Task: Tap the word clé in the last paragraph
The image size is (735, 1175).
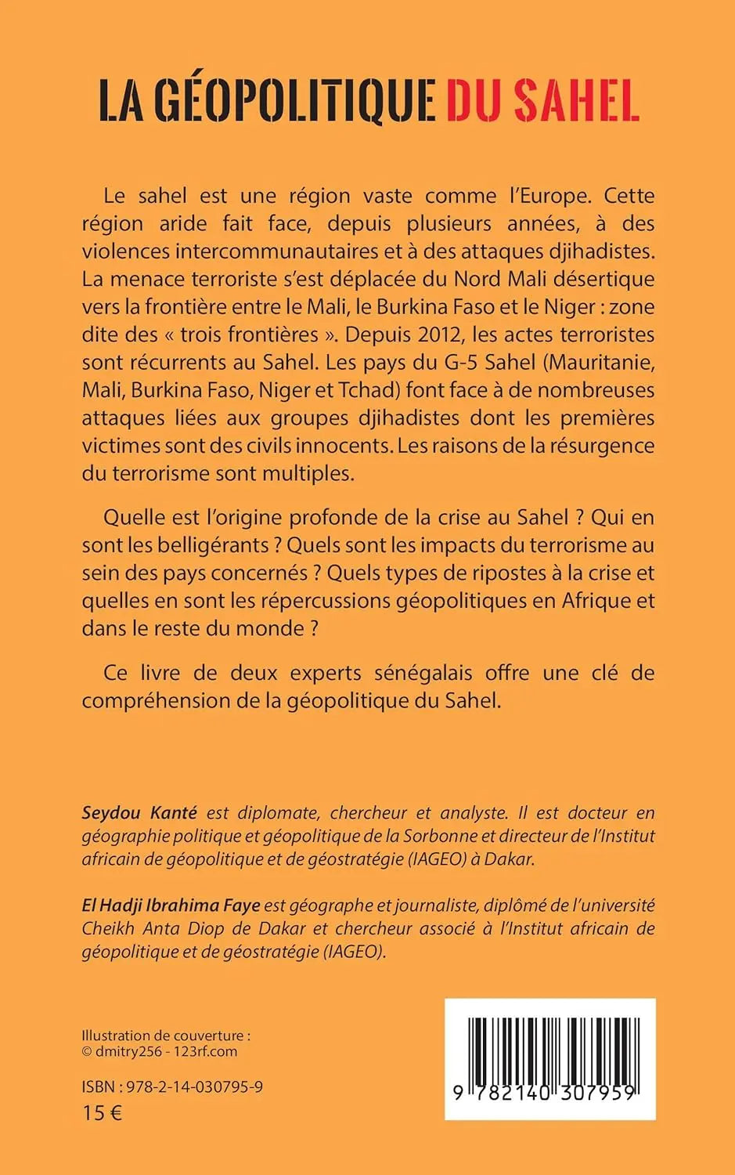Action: click(x=605, y=672)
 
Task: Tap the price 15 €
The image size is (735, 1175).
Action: click(x=102, y=1112)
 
